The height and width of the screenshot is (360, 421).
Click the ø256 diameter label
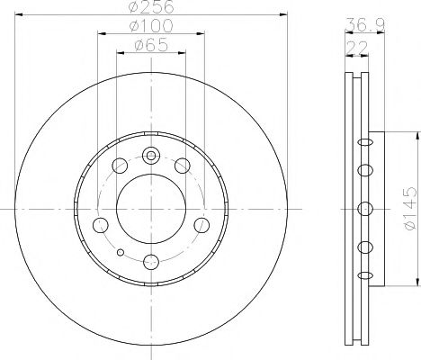click(x=151, y=6)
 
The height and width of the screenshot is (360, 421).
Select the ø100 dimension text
click(x=151, y=25)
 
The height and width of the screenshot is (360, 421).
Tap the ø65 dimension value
click(x=151, y=45)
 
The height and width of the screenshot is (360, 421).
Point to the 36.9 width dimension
click(x=365, y=24)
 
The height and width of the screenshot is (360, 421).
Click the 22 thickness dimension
click(x=357, y=48)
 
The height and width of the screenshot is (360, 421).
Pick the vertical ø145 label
click(x=410, y=209)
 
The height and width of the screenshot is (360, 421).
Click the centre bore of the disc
click(x=151, y=209)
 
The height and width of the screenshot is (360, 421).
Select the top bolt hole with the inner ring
click(x=151, y=156)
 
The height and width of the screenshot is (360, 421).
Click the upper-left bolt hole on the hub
click(x=120, y=166)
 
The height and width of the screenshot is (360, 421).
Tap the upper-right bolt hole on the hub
click(x=183, y=166)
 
